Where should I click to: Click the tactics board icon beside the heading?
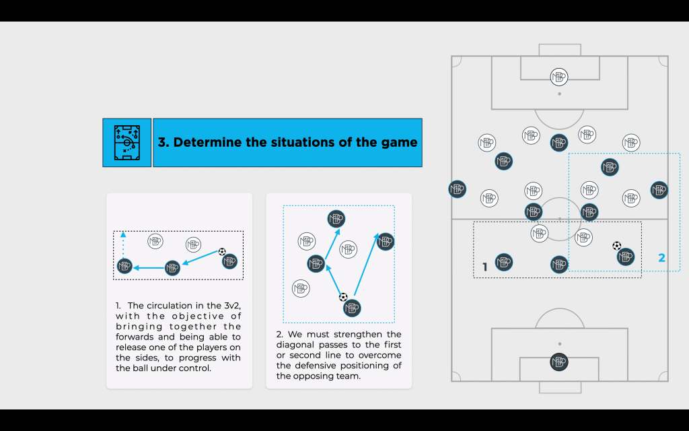[x=127, y=143]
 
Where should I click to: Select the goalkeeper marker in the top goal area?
[x=559, y=77]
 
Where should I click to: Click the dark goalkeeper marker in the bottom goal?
[x=559, y=362]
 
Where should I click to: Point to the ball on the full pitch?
[x=616, y=246]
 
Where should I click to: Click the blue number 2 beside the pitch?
[x=662, y=258]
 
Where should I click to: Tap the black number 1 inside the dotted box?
[x=485, y=267]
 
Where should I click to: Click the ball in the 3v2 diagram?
[x=222, y=252]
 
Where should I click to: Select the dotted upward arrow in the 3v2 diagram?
[x=123, y=244]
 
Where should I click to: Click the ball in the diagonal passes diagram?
[x=343, y=297]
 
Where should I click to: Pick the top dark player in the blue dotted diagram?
[x=336, y=219]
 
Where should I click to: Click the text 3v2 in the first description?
[x=231, y=306]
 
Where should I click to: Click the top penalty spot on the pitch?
[x=559, y=94]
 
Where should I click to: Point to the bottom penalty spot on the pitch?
[x=559, y=344]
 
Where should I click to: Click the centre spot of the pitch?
[x=559, y=219]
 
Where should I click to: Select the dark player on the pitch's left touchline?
[x=457, y=189]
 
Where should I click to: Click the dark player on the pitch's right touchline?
[x=659, y=190]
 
